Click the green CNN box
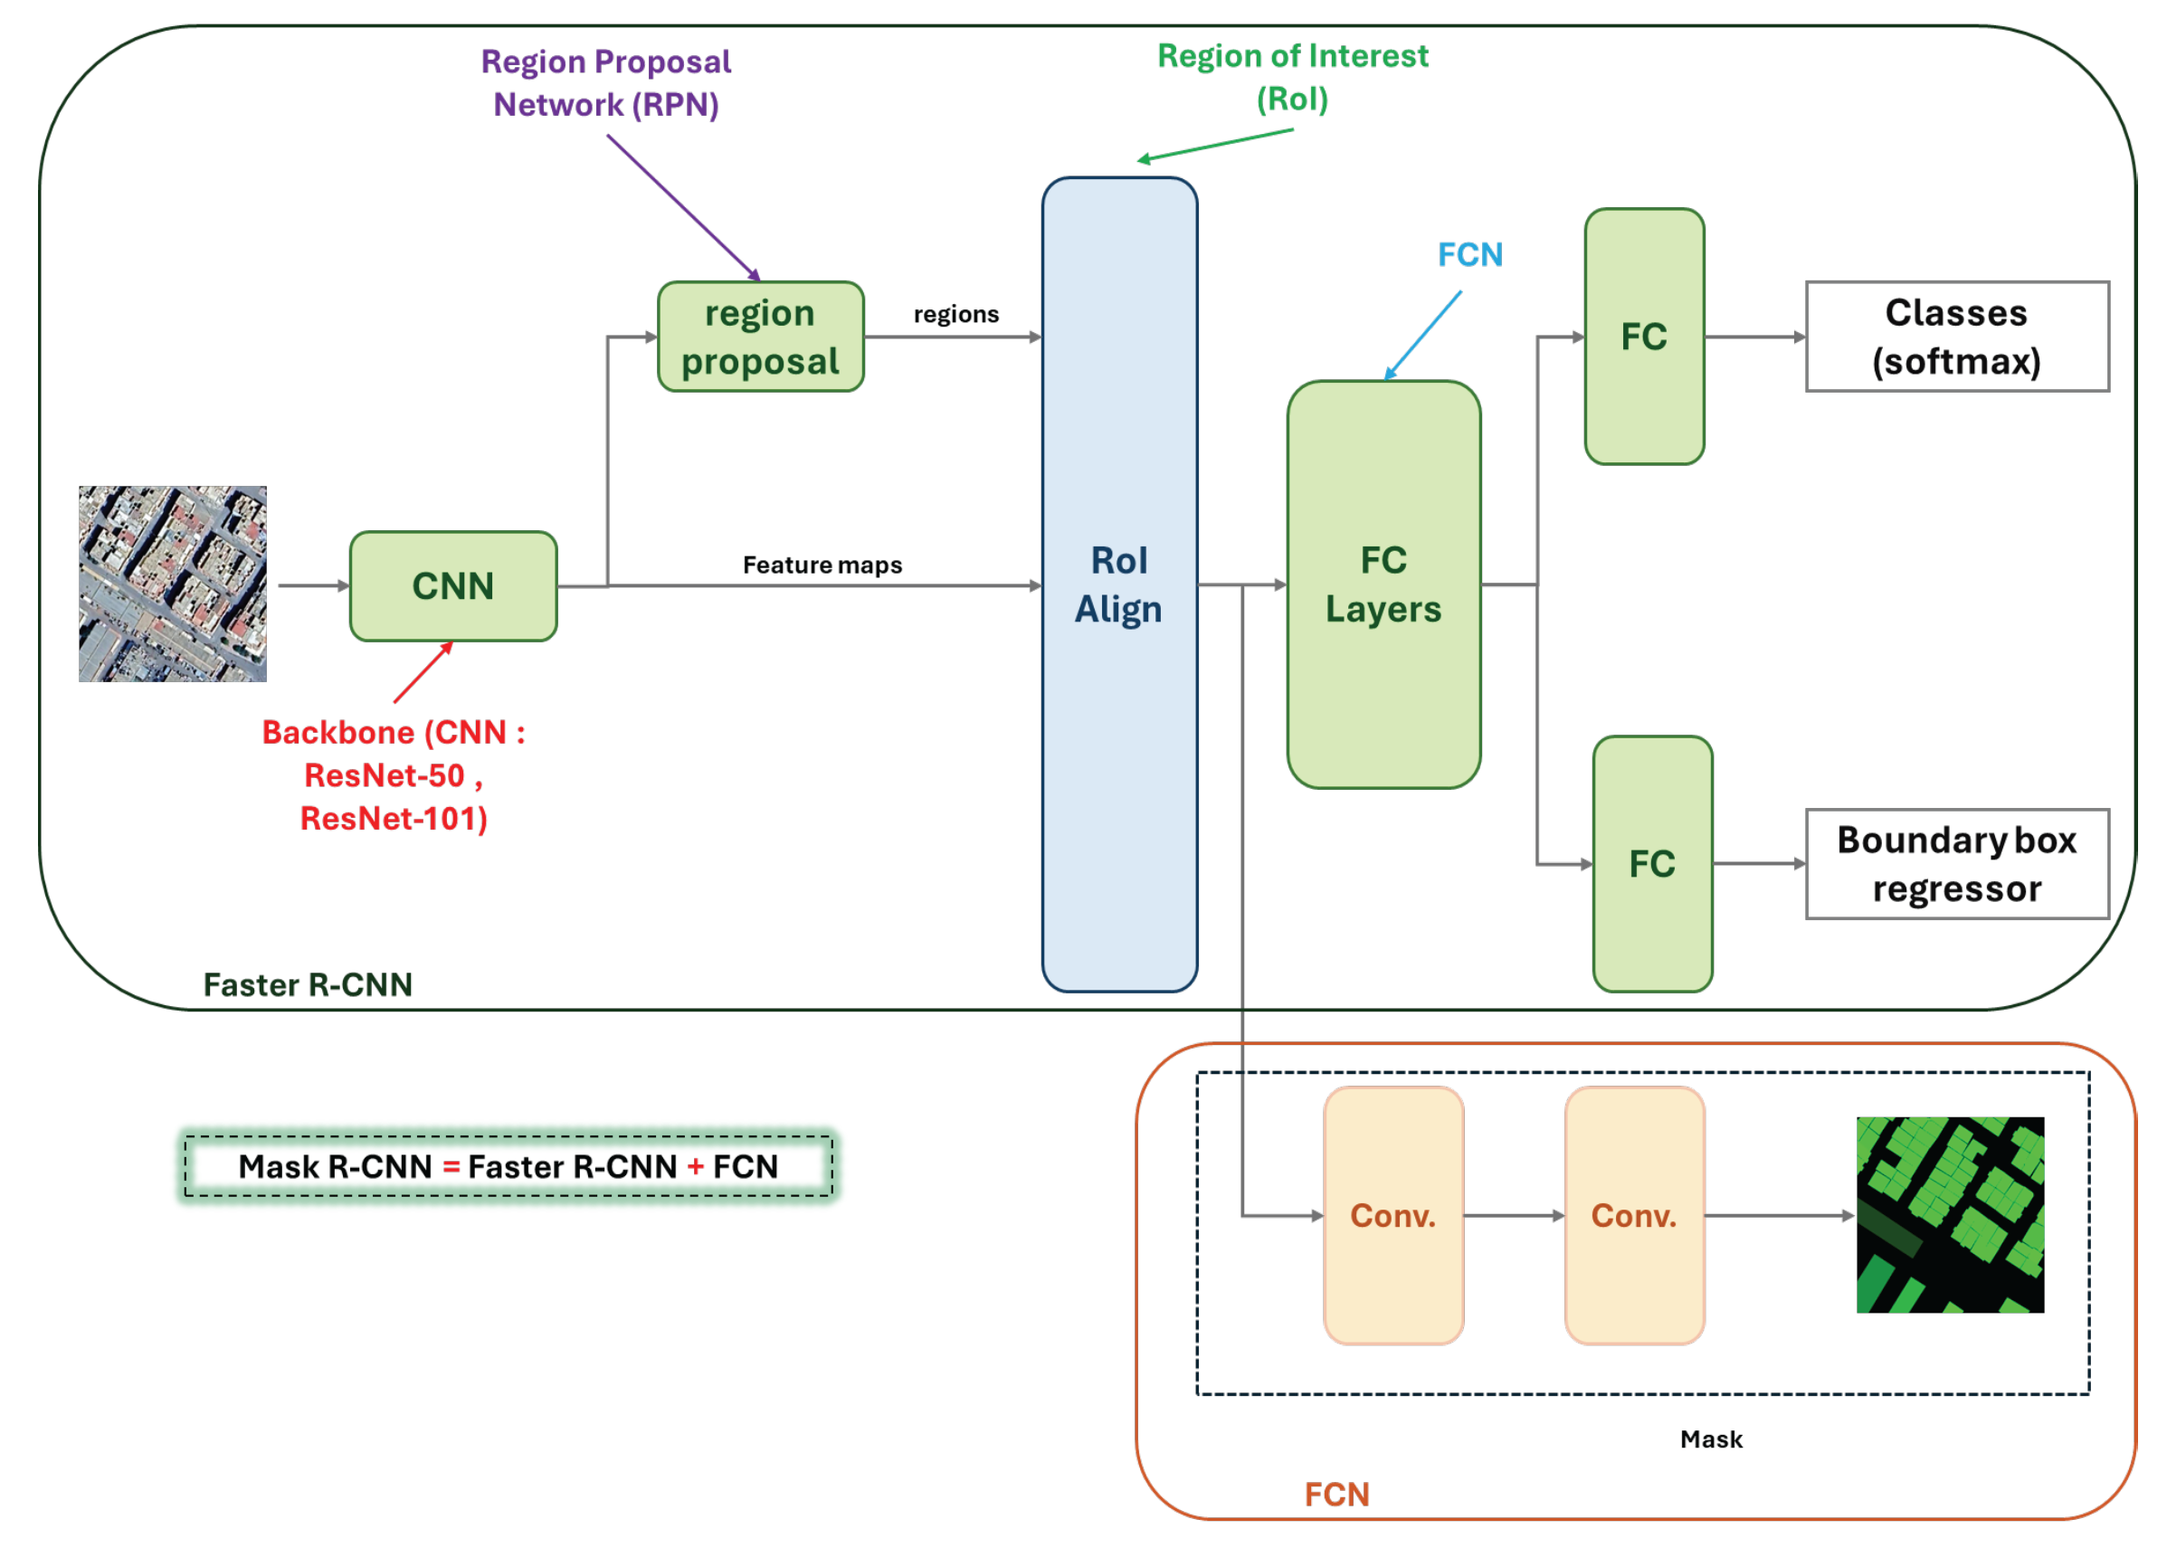click(x=452, y=585)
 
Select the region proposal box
click(x=760, y=337)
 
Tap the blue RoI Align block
click(x=1118, y=584)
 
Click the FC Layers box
click(x=1383, y=584)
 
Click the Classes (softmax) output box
click(x=1955, y=336)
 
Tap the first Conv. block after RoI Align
click(x=1392, y=1214)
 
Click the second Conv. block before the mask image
click(x=1633, y=1214)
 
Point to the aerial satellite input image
click(x=173, y=584)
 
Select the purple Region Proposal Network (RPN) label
click(x=605, y=83)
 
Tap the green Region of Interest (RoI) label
click(x=1292, y=77)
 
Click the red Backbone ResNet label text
click(x=393, y=775)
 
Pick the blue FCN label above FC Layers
click(x=1469, y=254)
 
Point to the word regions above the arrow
click(x=955, y=314)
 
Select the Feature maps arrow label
click(x=822, y=565)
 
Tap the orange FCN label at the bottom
click(x=1335, y=1493)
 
